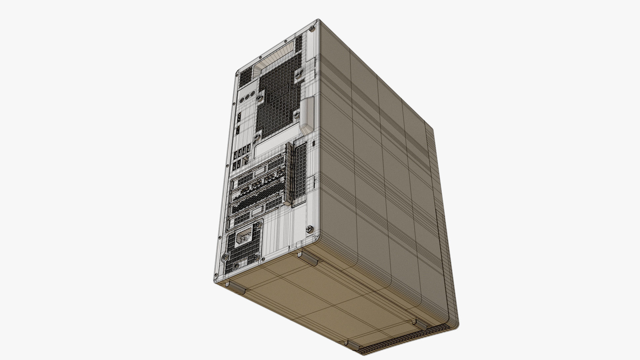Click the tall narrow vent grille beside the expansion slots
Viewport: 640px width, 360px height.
click(x=300, y=173)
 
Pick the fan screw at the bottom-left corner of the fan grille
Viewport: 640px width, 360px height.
click(x=257, y=137)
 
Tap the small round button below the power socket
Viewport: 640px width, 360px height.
click(x=237, y=266)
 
